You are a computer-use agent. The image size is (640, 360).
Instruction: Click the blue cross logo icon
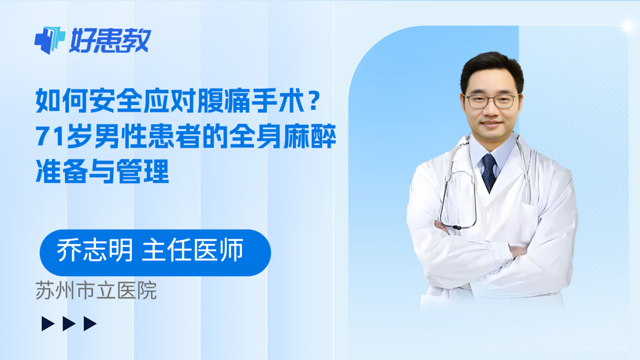click(50, 40)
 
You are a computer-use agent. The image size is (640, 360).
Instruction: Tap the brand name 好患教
click(110, 40)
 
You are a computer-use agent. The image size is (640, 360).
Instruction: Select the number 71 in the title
click(50, 136)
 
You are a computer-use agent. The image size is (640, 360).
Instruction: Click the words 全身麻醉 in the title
click(283, 136)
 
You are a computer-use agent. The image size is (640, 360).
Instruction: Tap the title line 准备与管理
click(102, 171)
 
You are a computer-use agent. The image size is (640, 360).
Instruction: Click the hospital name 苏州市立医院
click(96, 291)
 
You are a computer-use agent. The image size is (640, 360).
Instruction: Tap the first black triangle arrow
click(48, 324)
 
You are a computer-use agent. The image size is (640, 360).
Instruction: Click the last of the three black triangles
click(90, 324)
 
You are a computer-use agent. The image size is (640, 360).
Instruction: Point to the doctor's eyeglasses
click(491, 101)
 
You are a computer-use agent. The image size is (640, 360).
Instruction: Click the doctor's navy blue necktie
click(489, 171)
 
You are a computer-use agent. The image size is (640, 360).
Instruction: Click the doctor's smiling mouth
click(491, 124)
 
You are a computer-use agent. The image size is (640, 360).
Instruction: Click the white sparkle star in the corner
click(628, 26)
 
